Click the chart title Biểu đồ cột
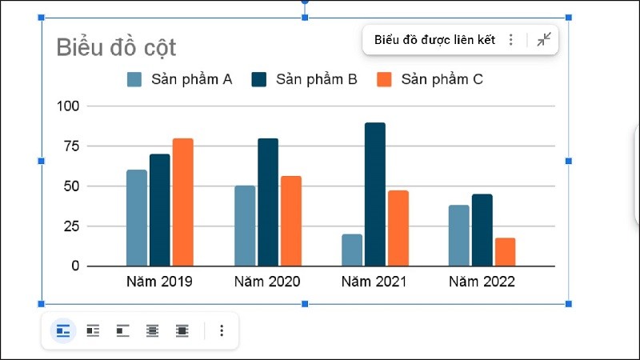[x=116, y=47]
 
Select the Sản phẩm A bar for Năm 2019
[x=137, y=218]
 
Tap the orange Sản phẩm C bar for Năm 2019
[x=183, y=202]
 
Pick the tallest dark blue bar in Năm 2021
[x=375, y=194]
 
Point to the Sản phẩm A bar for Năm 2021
[x=352, y=250]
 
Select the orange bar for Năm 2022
[x=505, y=252]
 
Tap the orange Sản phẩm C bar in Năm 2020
[x=291, y=221]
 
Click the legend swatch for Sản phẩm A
[x=134, y=79]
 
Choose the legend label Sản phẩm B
[x=316, y=79]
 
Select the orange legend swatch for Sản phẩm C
[x=384, y=79]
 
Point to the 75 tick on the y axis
[x=70, y=146]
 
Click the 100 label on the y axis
[x=68, y=106]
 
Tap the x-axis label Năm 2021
[x=374, y=282]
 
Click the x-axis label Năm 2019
[x=159, y=282]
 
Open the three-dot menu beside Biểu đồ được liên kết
[x=511, y=40]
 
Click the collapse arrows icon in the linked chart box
[x=544, y=40]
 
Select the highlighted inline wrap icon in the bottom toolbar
[x=63, y=330]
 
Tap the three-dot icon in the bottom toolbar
[x=222, y=330]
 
